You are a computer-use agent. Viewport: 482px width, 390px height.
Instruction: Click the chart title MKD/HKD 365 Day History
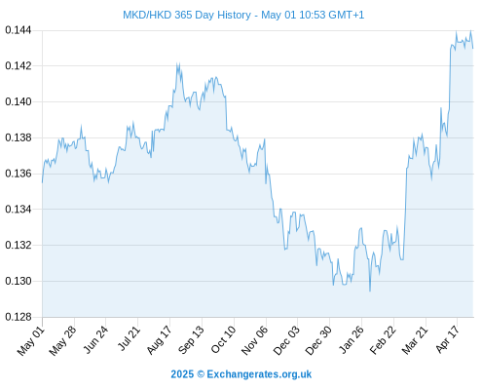pyautogui.click(x=187, y=15)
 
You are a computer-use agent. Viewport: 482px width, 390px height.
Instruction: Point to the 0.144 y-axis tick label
pyautogui.click(x=19, y=30)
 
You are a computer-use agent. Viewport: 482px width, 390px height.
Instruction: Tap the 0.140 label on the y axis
pyautogui.click(x=19, y=101)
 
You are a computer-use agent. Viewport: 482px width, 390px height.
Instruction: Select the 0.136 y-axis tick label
pyautogui.click(x=19, y=174)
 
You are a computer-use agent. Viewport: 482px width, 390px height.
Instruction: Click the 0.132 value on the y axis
pyautogui.click(x=19, y=245)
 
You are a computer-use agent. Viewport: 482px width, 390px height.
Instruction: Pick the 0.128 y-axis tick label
pyautogui.click(x=19, y=317)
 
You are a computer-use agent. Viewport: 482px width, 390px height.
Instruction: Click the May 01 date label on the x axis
pyautogui.click(x=31, y=340)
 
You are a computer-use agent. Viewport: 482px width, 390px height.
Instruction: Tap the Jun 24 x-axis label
pyautogui.click(x=95, y=339)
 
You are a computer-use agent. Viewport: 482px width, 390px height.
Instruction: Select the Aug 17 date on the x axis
pyautogui.click(x=159, y=340)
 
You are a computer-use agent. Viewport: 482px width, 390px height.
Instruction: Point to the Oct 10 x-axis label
pyautogui.click(x=223, y=339)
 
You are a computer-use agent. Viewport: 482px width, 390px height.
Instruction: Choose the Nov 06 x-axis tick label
pyautogui.click(x=255, y=340)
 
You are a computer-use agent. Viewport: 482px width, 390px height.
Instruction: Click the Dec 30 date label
pyautogui.click(x=318, y=340)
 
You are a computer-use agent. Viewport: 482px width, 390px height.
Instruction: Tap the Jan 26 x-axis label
pyautogui.click(x=352, y=339)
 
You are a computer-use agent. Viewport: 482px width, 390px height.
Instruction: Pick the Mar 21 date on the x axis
pyautogui.click(x=415, y=340)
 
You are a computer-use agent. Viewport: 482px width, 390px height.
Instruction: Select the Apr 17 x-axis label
pyautogui.click(x=448, y=339)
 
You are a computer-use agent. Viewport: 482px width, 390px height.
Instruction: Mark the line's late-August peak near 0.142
pyautogui.click(x=177, y=63)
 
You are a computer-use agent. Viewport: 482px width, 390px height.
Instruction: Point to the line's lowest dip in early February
pyautogui.click(x=370, y=291)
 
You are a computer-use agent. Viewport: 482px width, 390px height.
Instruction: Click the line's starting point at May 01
pyautogui.click(x=42, y=182)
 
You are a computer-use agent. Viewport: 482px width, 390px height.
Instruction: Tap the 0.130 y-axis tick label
pyautogui.click(x=19, y=281)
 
